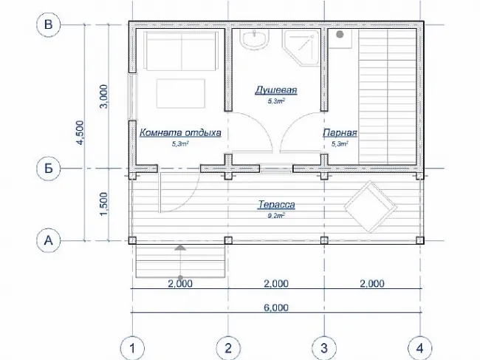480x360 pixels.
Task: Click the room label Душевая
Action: (276, 90)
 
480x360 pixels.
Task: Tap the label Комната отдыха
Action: (180, 132)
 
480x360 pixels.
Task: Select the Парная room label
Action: (340, 132)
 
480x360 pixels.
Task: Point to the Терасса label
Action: (276, 204)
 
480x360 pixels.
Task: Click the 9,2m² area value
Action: (276, 216)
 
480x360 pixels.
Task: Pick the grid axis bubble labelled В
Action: (48, 24)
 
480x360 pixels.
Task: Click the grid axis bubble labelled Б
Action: (48, 169)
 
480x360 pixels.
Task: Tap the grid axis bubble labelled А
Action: (48, 240)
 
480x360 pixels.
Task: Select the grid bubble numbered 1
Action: (132, 348)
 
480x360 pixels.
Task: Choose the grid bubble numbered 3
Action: (324, 348)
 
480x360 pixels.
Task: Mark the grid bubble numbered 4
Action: (420, 348)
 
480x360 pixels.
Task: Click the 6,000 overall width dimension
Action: (276, 308)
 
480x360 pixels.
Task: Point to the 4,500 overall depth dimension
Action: (80, 132)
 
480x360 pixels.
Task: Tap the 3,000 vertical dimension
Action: (104, 96)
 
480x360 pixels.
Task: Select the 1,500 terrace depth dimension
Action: (104, 204)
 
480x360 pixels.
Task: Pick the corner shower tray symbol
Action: (301, 47)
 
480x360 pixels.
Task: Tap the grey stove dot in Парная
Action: (340, 34)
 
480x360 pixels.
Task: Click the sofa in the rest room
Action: (182, 51)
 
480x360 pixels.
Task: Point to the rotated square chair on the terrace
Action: (371, 207)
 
